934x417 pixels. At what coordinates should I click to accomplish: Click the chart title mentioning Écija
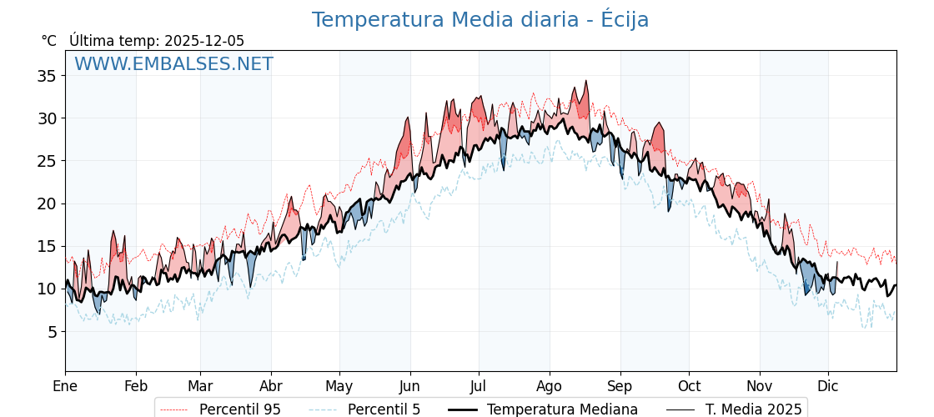coord(480,20)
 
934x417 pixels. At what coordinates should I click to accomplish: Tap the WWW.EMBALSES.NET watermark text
coord(173,64)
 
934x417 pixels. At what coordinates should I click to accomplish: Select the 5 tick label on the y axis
coord(51,332)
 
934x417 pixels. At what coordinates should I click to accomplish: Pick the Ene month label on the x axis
coord(65,387)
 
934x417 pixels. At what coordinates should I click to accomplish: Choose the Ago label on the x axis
coord(550,387)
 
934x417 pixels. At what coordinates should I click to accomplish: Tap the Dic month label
coord(828,387)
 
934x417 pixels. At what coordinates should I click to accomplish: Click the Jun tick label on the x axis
coord(409,387)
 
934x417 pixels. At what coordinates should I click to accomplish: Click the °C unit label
coord(49,41)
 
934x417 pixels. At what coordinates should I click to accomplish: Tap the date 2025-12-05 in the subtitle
coord(204,41)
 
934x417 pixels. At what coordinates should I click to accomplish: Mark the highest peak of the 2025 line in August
coord(586,82)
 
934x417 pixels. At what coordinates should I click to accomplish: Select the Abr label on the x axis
coord(271,387)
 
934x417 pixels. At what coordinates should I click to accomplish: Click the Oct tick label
coord(689,387)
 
